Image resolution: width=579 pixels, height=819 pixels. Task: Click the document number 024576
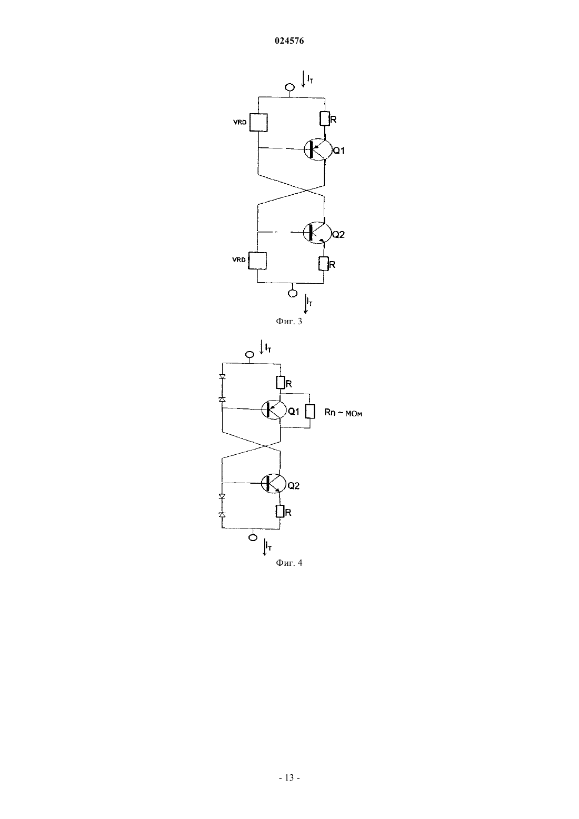[289, 41]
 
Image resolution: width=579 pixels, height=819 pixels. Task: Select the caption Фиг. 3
[289, 322]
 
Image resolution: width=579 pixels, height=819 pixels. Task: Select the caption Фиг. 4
[289, 563]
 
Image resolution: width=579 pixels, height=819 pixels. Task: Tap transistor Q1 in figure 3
[317, 149]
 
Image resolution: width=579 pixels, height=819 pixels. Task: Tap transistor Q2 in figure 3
[317, 232]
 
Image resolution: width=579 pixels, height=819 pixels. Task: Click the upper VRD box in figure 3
[258, 123]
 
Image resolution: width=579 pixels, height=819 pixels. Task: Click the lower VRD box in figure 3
[257, 261]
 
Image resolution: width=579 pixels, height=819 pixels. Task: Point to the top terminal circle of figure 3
[290, 87]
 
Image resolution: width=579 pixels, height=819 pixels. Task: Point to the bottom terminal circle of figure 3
[293, 293]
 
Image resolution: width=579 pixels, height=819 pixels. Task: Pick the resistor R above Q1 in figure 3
[325, 118]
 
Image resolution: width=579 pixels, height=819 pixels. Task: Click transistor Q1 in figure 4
[274, 410]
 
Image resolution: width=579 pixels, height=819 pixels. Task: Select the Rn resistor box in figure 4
[310, 411]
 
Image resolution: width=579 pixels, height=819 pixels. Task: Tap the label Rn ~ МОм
[343, 413]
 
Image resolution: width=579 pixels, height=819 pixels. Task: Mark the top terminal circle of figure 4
[249, 354]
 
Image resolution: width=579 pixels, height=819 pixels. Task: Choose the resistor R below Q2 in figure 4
[280, 511]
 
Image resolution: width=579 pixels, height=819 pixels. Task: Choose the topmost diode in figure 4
[222, 376]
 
